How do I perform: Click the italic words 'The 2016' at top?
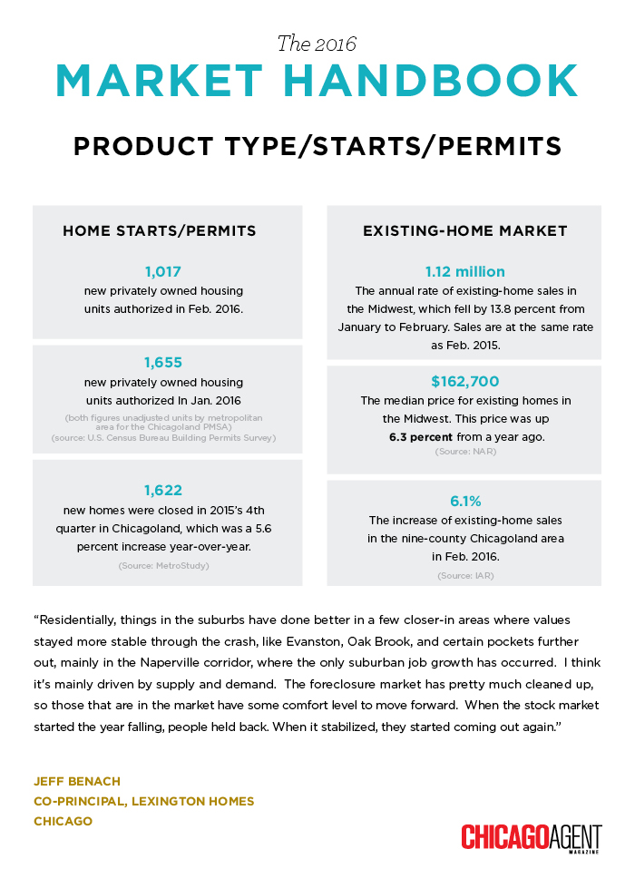click(317, 43)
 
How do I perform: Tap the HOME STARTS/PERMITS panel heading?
click(160, 231)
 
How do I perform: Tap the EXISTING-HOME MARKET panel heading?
click(464, 231)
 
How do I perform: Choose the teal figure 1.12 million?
click(464, 271)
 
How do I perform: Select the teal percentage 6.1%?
click(464, 502)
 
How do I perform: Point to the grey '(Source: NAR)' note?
click(464, 451)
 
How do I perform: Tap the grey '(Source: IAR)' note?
click(464, 575)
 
